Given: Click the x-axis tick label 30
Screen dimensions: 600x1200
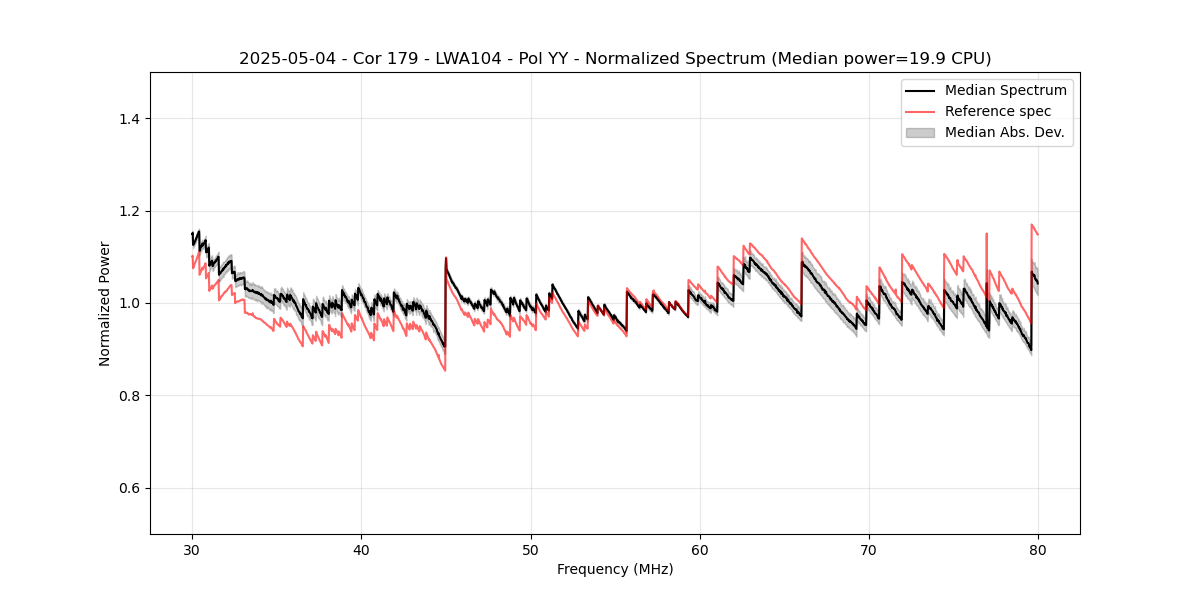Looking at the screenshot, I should [x=192, y=550].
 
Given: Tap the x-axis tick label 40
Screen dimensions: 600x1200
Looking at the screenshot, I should [x=361, y=550].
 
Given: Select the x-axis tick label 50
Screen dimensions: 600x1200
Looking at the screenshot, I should [x=531, y=550].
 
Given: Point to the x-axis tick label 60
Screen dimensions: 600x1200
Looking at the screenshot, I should [x=700, y=550].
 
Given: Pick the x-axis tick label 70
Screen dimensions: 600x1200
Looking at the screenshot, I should [x=869, y=550].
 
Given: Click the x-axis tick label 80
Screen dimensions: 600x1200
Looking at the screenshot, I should [x=1038, y=550].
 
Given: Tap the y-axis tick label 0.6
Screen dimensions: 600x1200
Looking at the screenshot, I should [x=129, y=488].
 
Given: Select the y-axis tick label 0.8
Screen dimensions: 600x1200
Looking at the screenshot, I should [x=129, y=396].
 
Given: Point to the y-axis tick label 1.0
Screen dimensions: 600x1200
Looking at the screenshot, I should [x=129, y=304].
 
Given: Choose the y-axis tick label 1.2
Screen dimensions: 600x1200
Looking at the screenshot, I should [x=129, y=211].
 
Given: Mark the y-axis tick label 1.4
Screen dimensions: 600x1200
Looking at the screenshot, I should [x=129, y=119].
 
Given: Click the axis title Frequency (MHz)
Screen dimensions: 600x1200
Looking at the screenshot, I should [x=615, y=570].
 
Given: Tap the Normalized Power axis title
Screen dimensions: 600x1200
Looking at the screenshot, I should [x=105, y=303].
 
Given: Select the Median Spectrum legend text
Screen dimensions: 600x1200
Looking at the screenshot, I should [x=1005, y=90].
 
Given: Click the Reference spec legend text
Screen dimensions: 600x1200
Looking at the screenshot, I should [x=998, y=111].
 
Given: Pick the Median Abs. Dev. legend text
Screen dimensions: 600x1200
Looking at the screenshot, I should [x=1005, y=132].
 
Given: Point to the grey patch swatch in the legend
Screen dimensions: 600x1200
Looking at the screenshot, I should [x=920, y=132].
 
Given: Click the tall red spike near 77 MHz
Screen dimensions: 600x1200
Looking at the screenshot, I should [x=987, y=236].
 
